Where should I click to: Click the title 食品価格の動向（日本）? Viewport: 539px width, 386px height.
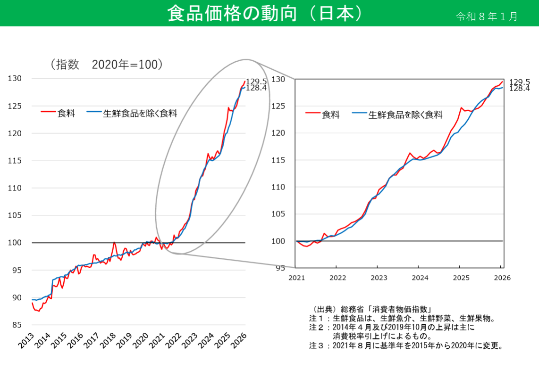[266, 13]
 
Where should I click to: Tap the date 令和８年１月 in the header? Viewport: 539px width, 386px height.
[487, 16]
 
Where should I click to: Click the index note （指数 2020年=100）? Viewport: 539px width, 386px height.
[107, 65]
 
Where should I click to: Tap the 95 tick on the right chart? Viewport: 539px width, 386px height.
[280, 268]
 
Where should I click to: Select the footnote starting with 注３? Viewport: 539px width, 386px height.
[406, 345]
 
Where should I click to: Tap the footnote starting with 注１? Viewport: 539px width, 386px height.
[402, 319]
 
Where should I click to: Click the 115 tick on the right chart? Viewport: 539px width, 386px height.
[278, 160]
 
